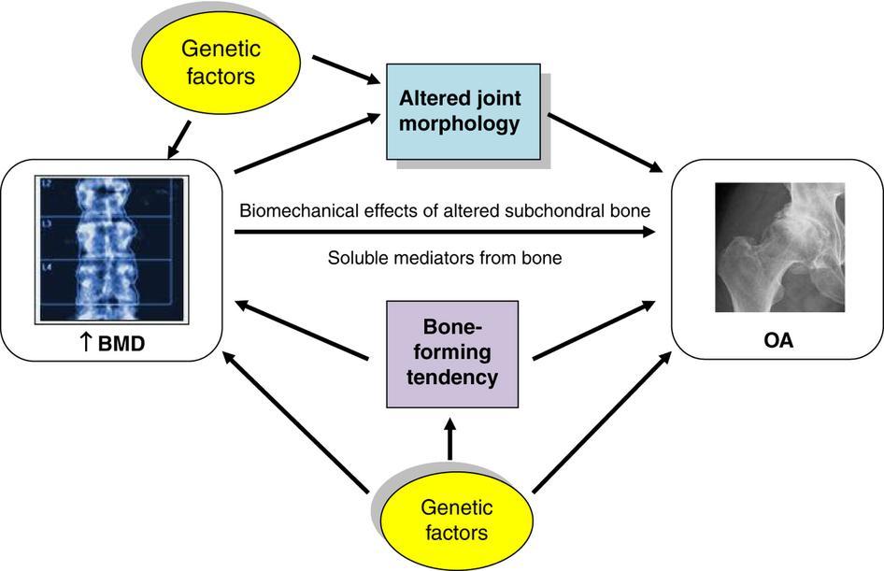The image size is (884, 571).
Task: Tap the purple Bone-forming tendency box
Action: click(x=452, y=352)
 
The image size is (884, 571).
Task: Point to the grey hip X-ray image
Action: click(x=778, y=246)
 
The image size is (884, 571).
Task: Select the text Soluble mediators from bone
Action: click(x=445, y=257)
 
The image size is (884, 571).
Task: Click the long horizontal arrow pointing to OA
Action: click(x=444, y=233)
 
